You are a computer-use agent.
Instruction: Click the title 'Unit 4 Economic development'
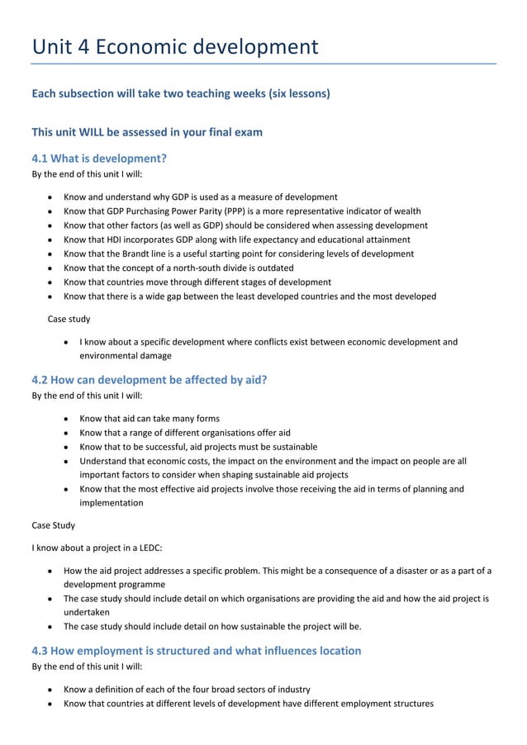coord(174,46)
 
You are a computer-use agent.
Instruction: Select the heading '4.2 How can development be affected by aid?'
coord(149,380)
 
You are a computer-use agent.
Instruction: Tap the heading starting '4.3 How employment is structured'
coord(196,650)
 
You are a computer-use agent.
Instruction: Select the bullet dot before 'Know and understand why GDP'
coord(52,197)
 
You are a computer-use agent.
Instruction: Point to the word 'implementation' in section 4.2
coord(111,502)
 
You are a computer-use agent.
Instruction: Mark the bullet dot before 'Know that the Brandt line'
coord(52,254)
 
